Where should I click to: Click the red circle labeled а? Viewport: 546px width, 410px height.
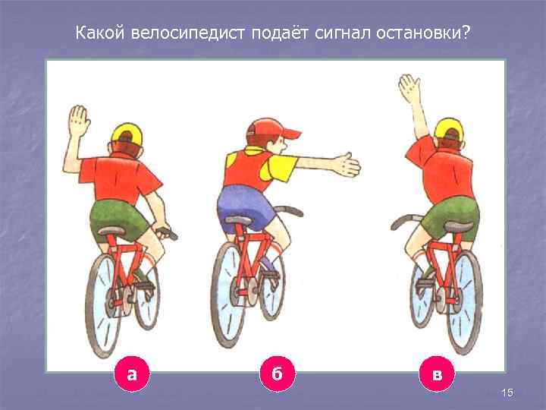pos(133,374)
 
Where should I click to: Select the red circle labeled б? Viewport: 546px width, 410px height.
pos(277,374)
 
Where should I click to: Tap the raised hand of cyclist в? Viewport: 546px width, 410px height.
pos(410,89)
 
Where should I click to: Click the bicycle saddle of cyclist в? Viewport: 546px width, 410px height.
pos(457,227)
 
